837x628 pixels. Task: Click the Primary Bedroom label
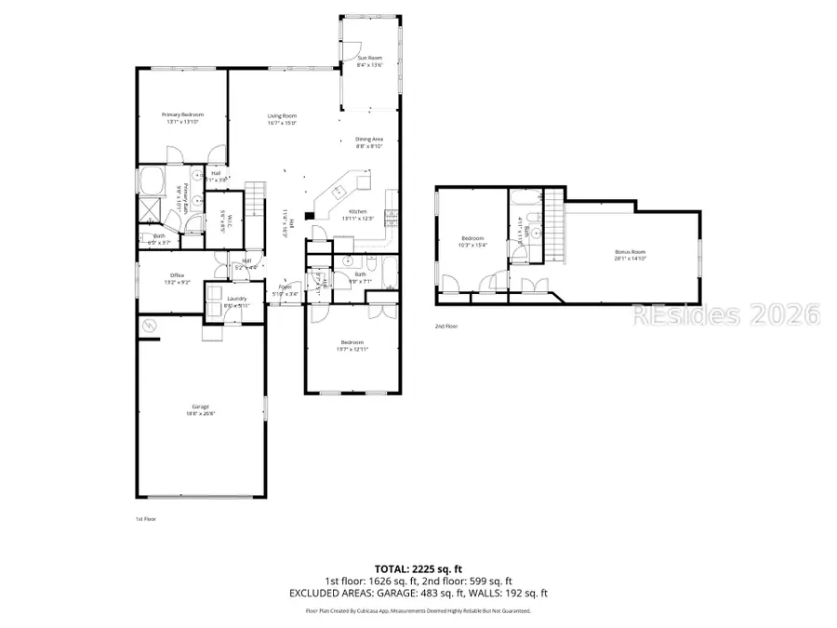[182, 114]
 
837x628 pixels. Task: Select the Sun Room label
[369, 58]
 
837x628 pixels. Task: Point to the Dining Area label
[369, 139]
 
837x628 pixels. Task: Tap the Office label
[177, 275]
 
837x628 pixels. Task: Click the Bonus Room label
[630, 252]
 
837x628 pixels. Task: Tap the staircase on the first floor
[256, 197]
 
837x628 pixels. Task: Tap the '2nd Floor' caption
[446, 327]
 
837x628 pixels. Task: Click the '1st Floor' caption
[147, 518]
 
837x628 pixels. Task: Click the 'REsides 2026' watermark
[725, 314]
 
